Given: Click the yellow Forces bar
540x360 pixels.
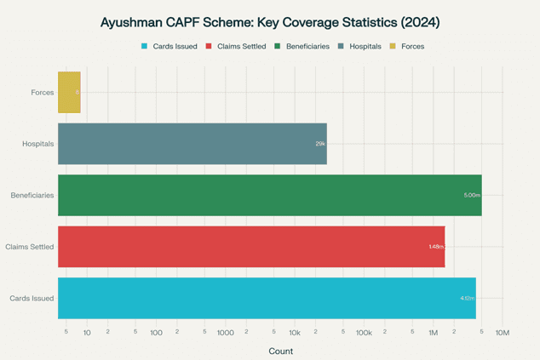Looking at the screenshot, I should tap(69, 92).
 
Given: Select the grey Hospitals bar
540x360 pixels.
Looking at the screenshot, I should tap(192, 143).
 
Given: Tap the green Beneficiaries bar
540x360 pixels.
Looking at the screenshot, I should tap(269, 195).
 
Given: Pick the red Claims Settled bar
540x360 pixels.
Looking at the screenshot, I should tap(251, 246).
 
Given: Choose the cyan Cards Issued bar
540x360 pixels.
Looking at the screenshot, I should tap(267, 298).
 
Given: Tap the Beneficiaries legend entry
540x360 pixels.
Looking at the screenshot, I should tap(307, 46).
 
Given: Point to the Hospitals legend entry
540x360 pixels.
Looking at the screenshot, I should tap(364, 46).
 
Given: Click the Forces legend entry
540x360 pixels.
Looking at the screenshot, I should tap(412, 46).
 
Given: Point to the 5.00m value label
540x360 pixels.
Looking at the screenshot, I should tap(472, 195).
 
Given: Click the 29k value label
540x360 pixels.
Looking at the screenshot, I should tap(320, 144).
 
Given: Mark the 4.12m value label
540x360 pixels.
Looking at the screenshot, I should tap(467, 298).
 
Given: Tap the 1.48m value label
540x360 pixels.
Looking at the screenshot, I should tap(436, 247).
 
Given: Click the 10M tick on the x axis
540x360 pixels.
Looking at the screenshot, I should tap(503, 332).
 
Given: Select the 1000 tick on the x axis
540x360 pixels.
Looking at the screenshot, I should tap(225, 332).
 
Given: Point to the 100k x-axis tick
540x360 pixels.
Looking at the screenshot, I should tap(364, 332).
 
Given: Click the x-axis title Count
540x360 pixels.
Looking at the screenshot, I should tap(280, 351).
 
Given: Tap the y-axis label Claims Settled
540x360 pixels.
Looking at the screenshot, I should tap(30, 247).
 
